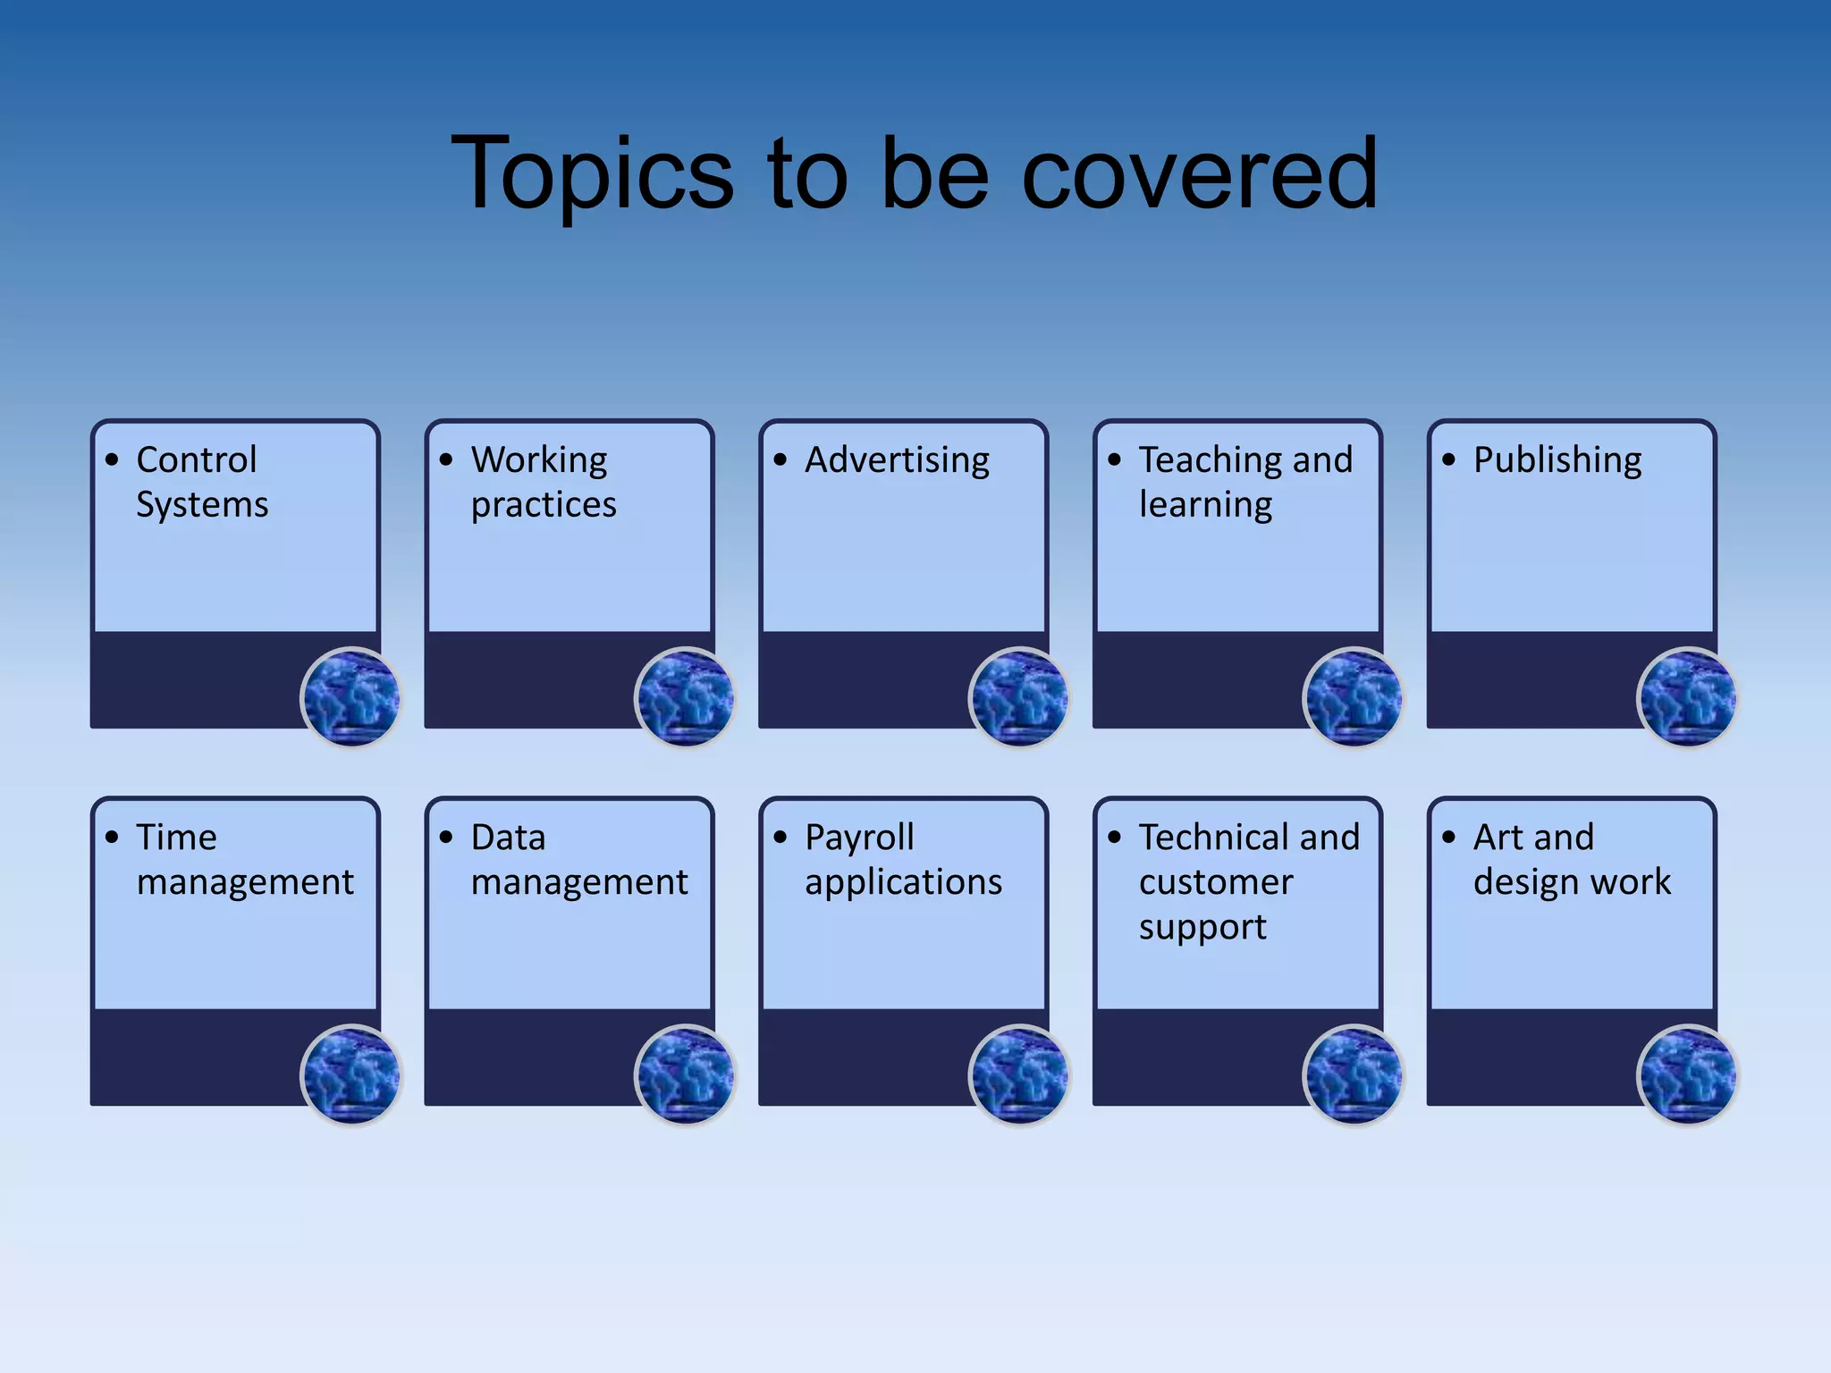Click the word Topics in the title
592,174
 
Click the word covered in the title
1199,174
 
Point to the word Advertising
897,460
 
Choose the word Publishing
1557,460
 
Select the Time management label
245,860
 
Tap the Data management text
578,860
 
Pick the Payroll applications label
903,860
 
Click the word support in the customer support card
1202,928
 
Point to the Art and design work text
1572,860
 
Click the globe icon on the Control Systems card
350,697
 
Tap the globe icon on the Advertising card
1019,697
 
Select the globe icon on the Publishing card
1687,697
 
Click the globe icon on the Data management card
685,1074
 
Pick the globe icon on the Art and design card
1687,1074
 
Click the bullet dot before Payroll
780,838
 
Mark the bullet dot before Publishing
1448,460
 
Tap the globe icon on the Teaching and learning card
1353,697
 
